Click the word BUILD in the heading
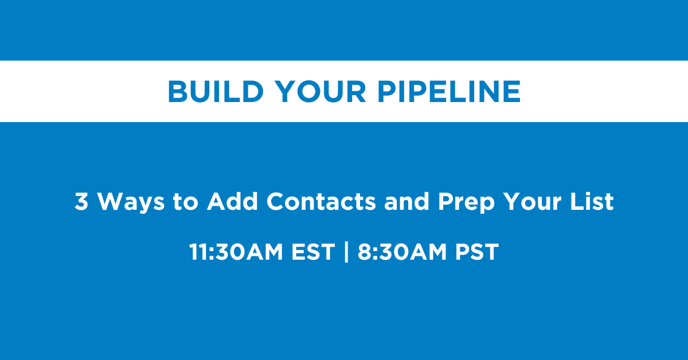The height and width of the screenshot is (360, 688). [216, 91]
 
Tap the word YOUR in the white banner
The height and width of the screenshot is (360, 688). [320, 91]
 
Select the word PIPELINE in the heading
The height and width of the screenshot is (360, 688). [449, 91]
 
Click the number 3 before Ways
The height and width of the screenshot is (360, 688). [81, 202]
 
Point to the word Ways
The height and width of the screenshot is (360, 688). [131, 203]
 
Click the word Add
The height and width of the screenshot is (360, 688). [232, 202]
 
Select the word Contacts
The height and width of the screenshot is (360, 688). [321, 202]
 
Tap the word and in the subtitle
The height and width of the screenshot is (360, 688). [406, 202]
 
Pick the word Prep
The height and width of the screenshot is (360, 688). [466, 203]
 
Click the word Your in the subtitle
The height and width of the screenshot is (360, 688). [532, 202]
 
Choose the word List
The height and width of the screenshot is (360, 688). [592, 202]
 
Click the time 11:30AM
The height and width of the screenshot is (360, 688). [236, 252]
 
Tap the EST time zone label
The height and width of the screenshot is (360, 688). [313, 252]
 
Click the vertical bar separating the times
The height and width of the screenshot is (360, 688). [346, 252]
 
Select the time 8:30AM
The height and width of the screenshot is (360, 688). [402, 252]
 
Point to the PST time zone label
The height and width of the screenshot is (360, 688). [477, 252]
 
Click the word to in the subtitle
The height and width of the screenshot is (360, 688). [185, 202]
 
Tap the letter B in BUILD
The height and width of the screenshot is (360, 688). [178, 91]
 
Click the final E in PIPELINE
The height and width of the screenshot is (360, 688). [512, 91]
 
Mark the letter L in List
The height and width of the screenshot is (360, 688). [577, 202]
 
